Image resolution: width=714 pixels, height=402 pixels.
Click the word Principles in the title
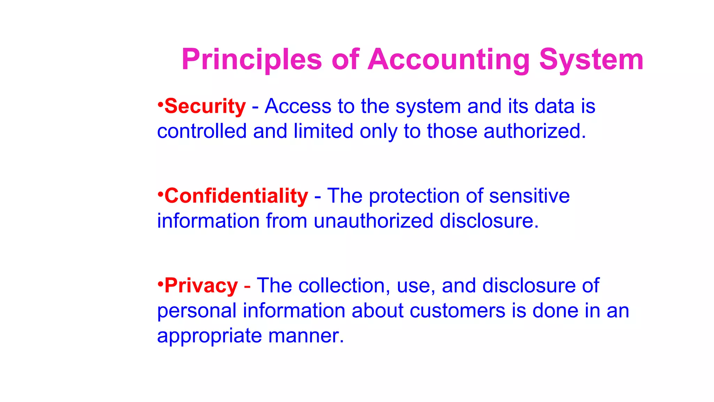pos(251,60)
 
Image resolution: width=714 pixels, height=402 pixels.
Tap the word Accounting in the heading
pos(449,60)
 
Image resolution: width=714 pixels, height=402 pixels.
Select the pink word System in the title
pos(591,60)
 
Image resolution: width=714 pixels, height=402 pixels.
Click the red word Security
pos(205,106)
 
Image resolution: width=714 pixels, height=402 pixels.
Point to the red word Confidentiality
pos(236,196)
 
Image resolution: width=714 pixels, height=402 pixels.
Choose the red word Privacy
pos(201,286)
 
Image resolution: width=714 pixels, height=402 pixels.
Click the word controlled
pos(202,131)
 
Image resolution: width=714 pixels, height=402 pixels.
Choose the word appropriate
pos(209,336)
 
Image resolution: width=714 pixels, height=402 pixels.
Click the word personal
pos(197,311)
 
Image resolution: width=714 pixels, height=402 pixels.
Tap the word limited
pos(323,131)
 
